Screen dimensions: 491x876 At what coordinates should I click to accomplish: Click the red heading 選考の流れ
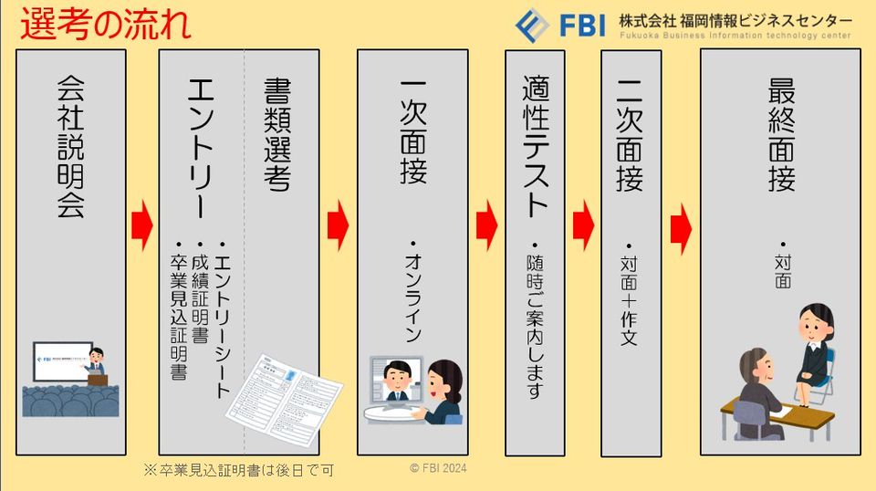click(105, 25)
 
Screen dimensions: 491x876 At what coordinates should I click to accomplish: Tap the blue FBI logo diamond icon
click(532, 25)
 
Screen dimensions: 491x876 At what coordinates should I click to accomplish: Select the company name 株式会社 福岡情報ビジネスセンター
click(735, 20)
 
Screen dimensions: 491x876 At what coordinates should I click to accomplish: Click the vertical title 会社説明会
click(70, 147)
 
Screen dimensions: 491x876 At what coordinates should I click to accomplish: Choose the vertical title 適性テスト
click(535, 145)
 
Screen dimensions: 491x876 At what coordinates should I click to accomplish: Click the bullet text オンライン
click(413, 293)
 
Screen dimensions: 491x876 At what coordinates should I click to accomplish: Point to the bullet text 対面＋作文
click(629, 298)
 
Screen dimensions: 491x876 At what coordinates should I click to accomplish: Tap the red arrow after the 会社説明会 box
click(141, 223)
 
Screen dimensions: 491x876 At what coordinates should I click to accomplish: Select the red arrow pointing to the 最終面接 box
click(681, 223)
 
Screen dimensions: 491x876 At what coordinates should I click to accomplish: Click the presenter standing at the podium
click(97, 366)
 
